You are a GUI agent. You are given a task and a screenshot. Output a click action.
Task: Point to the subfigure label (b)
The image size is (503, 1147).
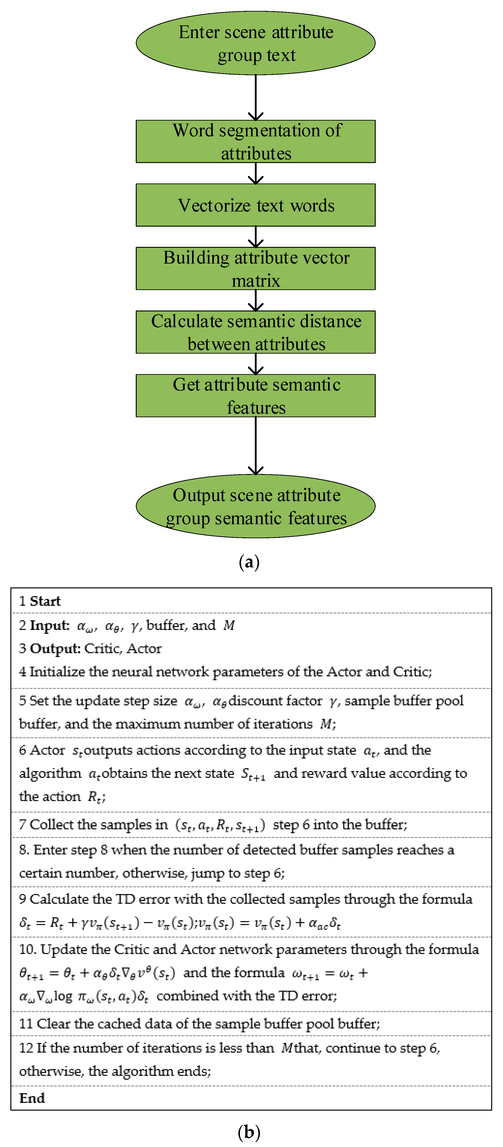point(249,1131)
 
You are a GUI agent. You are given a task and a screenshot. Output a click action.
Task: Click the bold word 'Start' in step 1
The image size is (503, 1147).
point(45,601)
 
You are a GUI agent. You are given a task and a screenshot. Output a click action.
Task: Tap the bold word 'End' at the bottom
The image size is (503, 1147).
point(32,1098)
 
